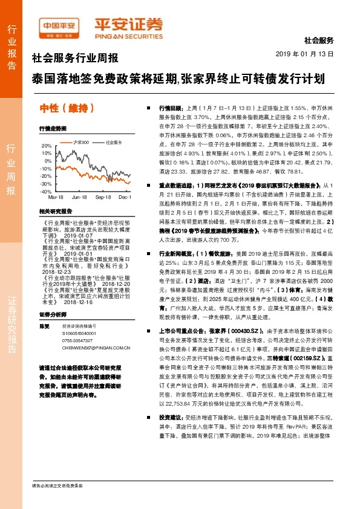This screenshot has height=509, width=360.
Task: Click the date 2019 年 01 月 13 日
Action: tap(309, 54)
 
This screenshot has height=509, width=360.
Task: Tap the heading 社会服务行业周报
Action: tap(74, 59)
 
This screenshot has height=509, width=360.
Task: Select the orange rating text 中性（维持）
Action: tap(67, 108)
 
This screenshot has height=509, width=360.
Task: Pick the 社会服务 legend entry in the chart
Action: tap(114, 142)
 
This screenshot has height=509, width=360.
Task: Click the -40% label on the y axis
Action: tap(46, 191)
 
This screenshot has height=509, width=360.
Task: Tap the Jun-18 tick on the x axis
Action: tap(79, 197)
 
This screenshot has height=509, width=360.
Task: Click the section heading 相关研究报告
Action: tap(55, 211)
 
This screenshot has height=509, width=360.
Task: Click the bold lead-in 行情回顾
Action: tap(171, 106)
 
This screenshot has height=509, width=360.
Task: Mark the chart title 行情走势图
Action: tap(51, 129)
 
